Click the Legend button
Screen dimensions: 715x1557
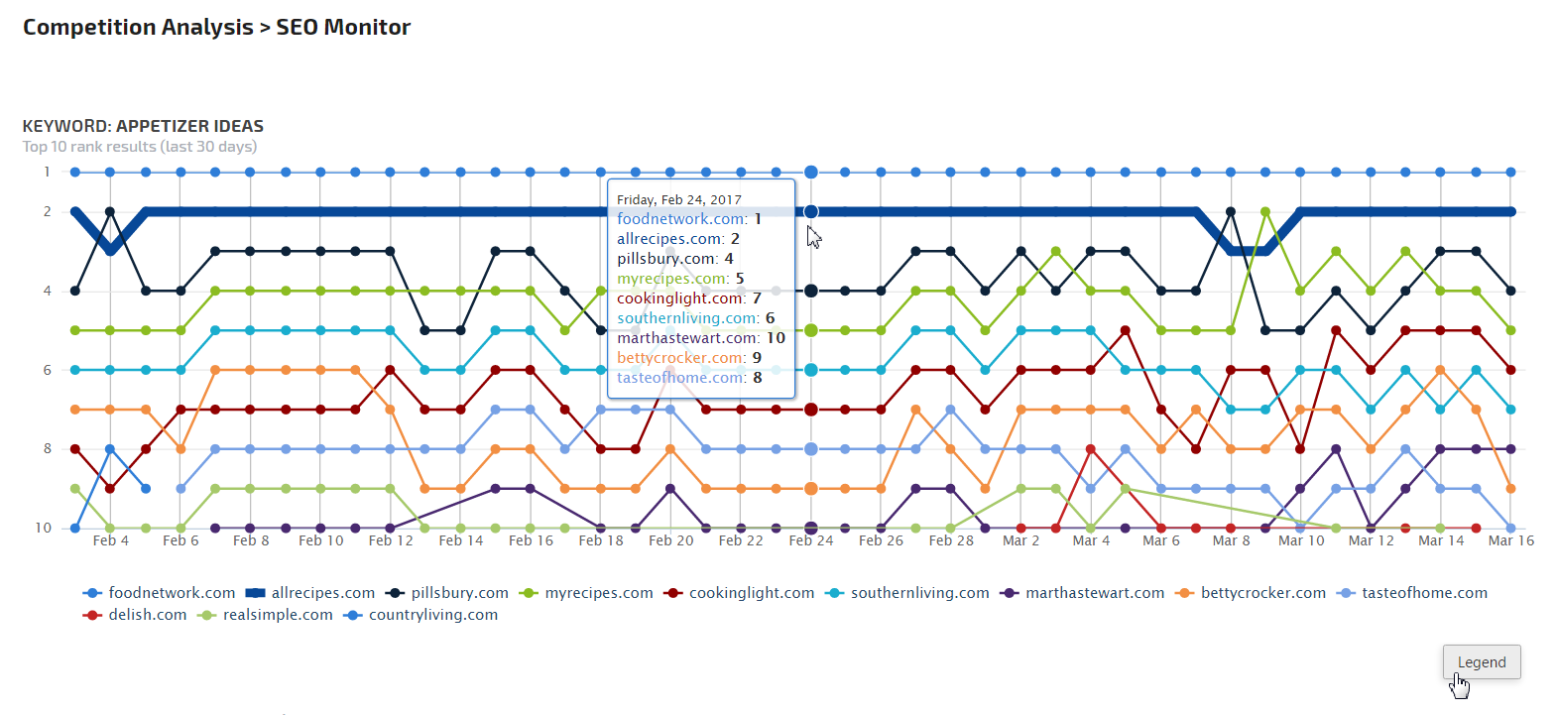(x=1481, y=662)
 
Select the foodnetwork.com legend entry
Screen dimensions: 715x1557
(x=160, y=593)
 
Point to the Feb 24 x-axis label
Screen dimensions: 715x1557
(x=811, y=540)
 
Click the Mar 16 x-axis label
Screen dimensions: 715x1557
(x=1510, y=540)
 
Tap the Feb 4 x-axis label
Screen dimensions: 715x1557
(x=110, y=540)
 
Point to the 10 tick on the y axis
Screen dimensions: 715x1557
(x=44, y=528)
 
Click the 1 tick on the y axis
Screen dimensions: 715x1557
(x=47, y=172)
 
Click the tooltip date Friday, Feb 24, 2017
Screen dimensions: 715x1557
(x=679, y=199)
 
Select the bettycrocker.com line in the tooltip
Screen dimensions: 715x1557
(x=689, y=358)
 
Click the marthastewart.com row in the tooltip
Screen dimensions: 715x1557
(x=700, y=338)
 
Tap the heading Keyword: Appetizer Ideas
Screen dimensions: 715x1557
(x=143, y=126)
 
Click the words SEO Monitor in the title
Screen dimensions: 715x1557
(x=343, y=27)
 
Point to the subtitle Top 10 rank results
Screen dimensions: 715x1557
(x=140, y=147)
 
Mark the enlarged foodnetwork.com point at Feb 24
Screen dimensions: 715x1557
(x=811, y=172)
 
